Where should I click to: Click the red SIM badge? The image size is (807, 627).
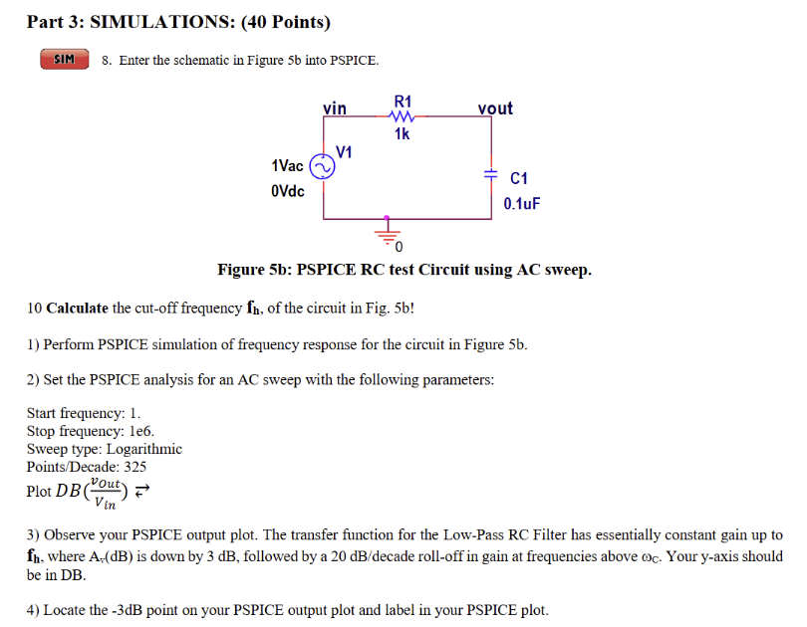tap(64, 60)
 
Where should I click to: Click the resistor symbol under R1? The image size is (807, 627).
tap(403, 117)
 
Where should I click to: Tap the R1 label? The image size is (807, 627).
tap(403, 101)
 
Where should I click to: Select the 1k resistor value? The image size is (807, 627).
tap(402, 134)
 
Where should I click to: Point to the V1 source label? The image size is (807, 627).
tap(345, 152)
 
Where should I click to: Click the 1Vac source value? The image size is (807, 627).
tap(287, 165)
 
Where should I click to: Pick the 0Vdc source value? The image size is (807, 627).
tap(287, 191)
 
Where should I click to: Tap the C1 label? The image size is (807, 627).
tap(518, 179)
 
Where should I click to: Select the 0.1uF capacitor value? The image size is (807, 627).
tap(521, 204)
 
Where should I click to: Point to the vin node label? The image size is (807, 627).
tap(335, 107)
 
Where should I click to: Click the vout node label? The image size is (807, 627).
tap(495, 107)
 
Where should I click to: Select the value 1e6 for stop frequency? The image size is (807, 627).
tap(140, 431)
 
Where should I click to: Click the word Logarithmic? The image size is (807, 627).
tap(144, 449)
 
